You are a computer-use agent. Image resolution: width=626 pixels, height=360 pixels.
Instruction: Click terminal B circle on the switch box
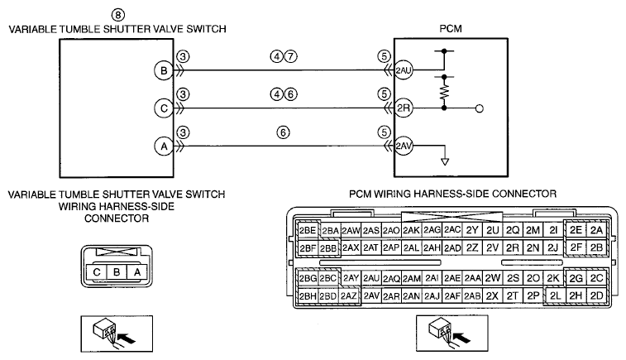[x=164, y=70]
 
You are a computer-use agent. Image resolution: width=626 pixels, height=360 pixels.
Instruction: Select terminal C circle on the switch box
[x=164, y=108]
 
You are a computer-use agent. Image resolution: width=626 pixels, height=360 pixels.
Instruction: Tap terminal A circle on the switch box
[x=164, y=146]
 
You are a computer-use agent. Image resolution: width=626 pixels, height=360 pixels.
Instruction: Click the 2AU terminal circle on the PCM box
[x=404, y=70]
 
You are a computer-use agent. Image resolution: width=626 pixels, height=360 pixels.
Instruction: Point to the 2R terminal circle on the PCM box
[x=404, y=108]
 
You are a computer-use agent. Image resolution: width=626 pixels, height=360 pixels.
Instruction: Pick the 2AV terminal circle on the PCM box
[x=404, y=146]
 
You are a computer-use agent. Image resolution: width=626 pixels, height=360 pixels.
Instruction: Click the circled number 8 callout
[x=117, y=15]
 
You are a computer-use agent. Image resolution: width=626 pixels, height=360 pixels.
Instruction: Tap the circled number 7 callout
[x=290, y=56]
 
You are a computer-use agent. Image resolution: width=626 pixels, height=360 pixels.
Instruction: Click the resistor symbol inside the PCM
[x=444, y=93]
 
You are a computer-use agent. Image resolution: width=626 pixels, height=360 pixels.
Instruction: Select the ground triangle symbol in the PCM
[x=445, y=162]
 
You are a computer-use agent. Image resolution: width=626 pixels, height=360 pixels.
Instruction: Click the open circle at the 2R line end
[x=480, y=108]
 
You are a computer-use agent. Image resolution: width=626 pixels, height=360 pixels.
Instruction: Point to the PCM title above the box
[x=451, y=29]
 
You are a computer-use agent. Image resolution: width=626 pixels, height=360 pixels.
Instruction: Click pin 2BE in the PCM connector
[x=308, y=230]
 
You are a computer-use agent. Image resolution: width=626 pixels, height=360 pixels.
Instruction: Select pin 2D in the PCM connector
[x=596, y=295]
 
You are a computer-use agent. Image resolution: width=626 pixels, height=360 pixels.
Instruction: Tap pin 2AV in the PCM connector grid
[x=371, y=295]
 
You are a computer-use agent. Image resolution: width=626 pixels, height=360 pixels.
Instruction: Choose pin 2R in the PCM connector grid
[x=512, y=247]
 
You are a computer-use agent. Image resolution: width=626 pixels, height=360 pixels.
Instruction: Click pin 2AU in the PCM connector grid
[x=371, y=278]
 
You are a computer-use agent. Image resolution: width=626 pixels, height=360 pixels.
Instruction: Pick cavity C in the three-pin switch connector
[x=97, y=272]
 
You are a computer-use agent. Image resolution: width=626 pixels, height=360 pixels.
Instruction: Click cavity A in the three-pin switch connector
[x=137, y=272]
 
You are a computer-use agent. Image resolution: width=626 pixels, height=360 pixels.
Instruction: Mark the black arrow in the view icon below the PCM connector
[x=462, y=338]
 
